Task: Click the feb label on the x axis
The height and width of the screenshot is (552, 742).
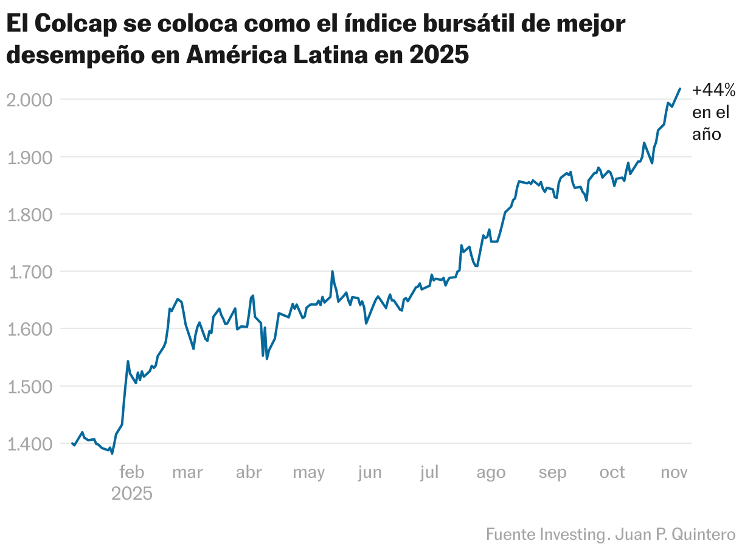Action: tap(132, 472)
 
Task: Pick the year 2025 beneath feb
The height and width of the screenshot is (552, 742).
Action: tap(132, 493)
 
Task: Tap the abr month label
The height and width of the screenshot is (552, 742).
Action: tap(248, 472)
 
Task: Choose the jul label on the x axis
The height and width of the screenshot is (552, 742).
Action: tap(429, 472)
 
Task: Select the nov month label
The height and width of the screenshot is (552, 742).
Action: tap(674, 472)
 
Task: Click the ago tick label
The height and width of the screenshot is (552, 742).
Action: tap(491, 472)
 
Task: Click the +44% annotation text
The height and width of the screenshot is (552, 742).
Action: tap(714, 91)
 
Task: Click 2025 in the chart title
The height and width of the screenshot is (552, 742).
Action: tap(439, 55)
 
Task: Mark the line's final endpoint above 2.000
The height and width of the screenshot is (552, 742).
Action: tap(680, 89)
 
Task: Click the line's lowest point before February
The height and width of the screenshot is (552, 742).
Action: tap(112, 453)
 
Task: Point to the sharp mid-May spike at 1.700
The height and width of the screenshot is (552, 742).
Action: tap(332, 272)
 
